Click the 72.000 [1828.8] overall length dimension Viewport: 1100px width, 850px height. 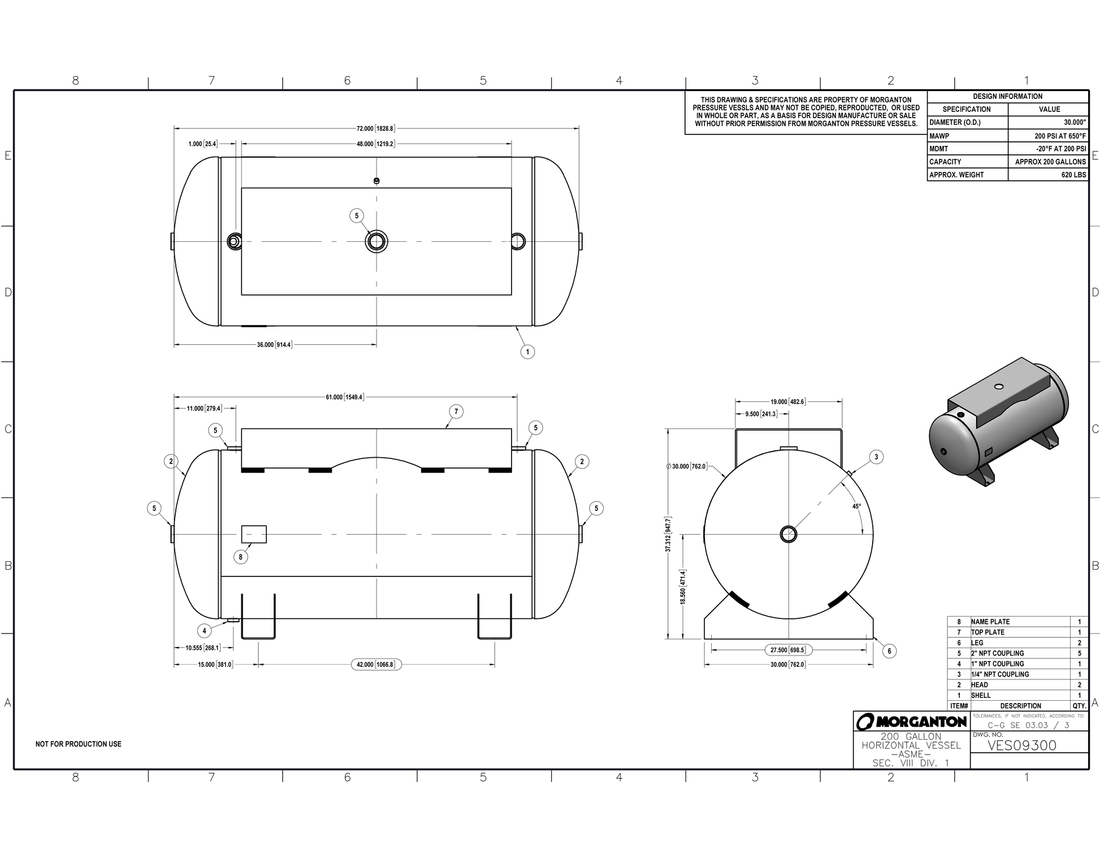pyautogui.click(x=375, y=128)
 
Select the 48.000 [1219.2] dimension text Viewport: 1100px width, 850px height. pyautogui.click(x=375, y=144)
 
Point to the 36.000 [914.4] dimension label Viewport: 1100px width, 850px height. pyautogui.click(x=275, y=345)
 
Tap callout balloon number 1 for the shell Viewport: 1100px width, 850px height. pyautogui.click(x=527, y=352)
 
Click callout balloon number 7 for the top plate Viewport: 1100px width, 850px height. pyautogui.click(x=456, y=411)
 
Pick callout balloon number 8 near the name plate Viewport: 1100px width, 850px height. pyautogui.click(x=241, y=557)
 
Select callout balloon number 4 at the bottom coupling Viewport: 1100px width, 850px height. pyautogui.click(x=205, y=631)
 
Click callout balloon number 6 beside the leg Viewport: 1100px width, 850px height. pyautogui.click(x=889, y=651)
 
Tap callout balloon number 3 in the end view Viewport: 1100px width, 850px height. pyautogui.click(x=876, y=457)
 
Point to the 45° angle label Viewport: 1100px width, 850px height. pyautogui.click(x=856, y=506)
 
